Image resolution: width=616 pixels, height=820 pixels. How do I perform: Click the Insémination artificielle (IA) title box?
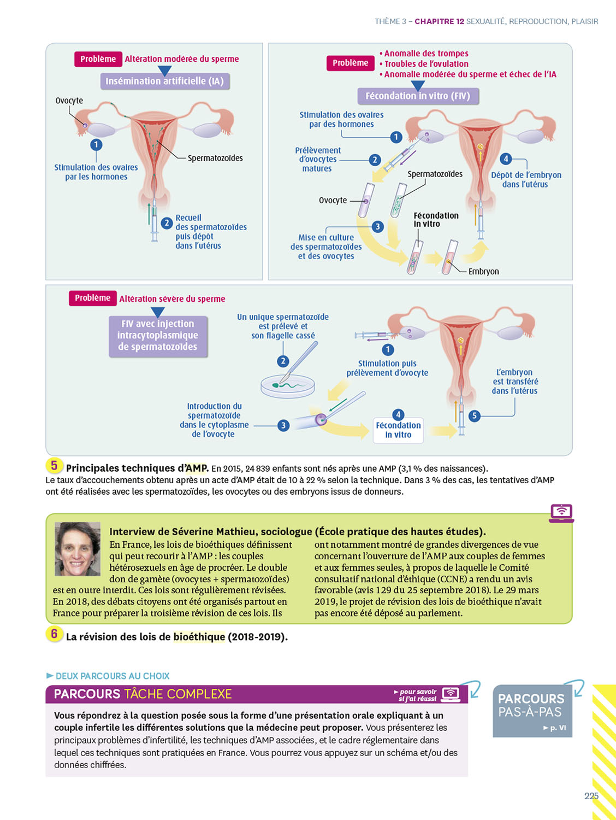point(164,81)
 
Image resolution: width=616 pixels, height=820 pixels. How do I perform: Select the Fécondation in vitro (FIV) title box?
point(418,96)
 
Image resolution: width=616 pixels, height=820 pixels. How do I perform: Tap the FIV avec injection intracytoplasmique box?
point(158,336)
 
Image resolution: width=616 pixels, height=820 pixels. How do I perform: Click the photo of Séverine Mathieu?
point(78,548)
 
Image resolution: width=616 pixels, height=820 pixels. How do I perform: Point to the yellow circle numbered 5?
point(54,466)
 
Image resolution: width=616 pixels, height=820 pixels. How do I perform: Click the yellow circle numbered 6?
point(54,634)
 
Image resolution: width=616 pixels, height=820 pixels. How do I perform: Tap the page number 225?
point(591,796)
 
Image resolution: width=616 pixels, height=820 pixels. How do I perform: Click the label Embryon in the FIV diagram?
point(483,272)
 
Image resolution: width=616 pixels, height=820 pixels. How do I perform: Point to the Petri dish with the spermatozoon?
point(288,385)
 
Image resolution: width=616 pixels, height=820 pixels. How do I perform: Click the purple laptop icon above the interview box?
point(561,513)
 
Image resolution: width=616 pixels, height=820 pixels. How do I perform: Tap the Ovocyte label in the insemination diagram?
point(69,101)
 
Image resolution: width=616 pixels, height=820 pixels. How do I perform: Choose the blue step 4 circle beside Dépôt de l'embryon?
point(506,159)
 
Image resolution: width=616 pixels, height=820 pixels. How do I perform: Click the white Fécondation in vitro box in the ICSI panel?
point(398,430)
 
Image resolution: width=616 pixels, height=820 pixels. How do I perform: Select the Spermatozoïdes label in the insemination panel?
point(215,159)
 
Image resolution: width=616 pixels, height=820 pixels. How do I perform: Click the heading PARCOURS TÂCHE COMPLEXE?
point(143,694)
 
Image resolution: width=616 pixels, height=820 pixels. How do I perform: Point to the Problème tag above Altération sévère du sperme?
point(93,298)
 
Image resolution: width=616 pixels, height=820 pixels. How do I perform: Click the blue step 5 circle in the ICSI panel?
point(474,416)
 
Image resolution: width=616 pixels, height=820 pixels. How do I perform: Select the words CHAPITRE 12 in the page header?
point(439,21)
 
